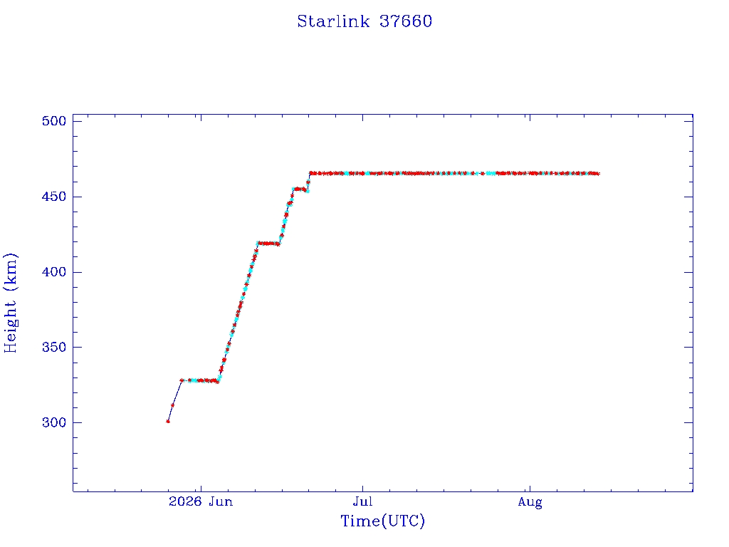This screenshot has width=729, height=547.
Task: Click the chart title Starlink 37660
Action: point(364,21)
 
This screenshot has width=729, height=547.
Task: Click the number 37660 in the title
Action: point(406,21)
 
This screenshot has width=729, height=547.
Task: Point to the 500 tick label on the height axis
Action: point(54,121)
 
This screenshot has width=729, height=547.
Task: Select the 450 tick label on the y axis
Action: point(54,197)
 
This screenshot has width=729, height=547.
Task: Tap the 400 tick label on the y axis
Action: point(54,272)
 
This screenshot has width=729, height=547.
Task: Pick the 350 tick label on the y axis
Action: point(54,348)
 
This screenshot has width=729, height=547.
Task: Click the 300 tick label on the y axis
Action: point(54,423)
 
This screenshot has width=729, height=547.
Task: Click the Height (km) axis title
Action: point(10,303)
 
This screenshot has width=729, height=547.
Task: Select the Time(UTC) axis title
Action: point(382,521)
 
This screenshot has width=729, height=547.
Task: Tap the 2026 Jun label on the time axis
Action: point(201,501)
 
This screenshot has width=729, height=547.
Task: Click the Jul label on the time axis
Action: point(362,501)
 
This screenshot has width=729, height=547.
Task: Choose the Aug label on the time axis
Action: point(530,502)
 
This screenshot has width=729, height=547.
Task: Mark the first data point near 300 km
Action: point(168,422)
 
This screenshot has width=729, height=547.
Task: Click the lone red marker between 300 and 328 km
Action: point(172,405)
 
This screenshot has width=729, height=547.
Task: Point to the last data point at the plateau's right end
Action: point(597,174)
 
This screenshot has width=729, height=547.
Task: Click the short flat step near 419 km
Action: point(268,244)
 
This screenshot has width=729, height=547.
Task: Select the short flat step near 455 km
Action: point(300,189)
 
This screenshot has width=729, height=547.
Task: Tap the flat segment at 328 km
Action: point(199,380)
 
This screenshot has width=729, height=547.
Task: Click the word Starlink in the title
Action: point(333,21)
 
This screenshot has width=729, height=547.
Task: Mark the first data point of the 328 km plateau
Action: point(182,380)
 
